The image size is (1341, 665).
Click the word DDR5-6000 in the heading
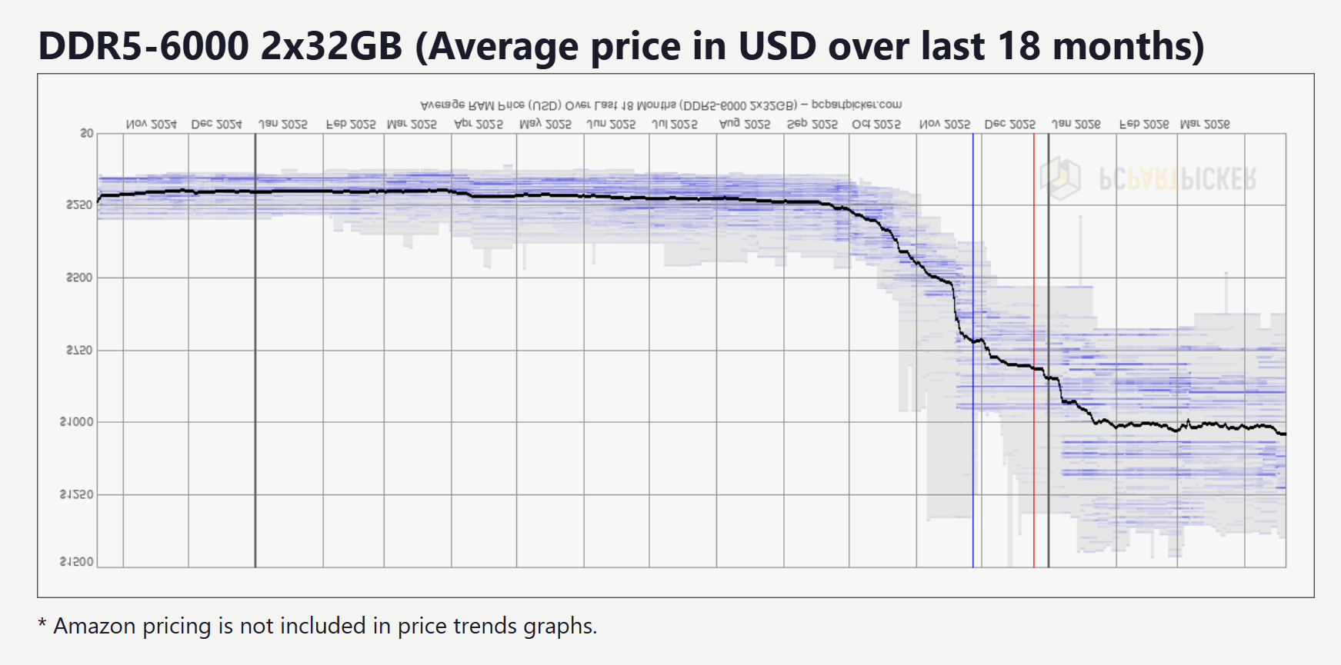click(143, 46)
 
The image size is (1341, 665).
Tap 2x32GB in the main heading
click(332, 46)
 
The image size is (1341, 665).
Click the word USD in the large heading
click(777, 46)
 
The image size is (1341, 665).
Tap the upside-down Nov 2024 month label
click(152, 124)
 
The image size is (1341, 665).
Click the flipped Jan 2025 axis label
click(282, 124)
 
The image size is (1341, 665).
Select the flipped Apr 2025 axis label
click(479, 124)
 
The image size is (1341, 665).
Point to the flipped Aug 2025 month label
click(745, 124)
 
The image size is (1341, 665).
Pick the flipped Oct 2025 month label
click(876, 124)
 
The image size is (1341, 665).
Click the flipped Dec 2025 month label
click(1010, 124)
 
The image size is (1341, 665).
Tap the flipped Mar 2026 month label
click(1205, 124)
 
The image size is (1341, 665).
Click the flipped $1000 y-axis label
click(76, 422)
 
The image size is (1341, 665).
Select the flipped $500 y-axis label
click(79, 278)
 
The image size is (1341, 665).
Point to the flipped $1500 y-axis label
click(76, 562)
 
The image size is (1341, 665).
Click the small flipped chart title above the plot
click(661, 105)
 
